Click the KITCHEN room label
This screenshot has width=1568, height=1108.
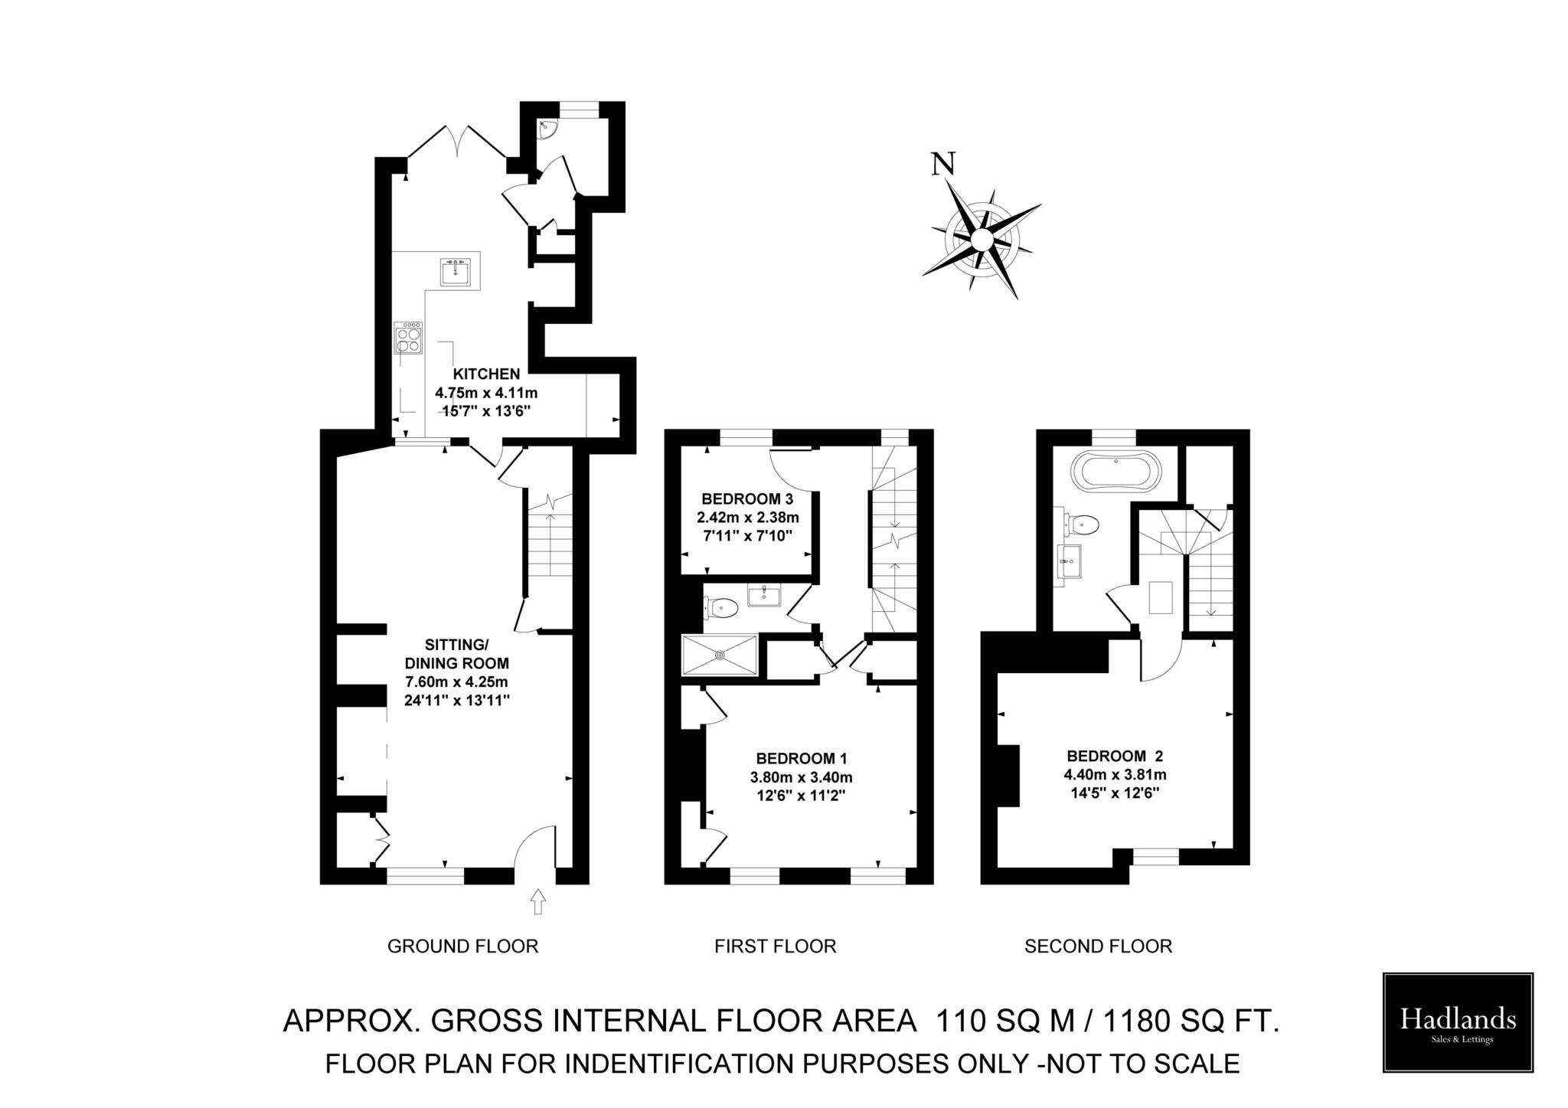coord(486,374)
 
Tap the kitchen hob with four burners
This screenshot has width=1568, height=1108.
coord(409,338)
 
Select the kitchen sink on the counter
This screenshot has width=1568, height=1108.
coord(455,273)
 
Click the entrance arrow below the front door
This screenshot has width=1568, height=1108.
coord(537,900)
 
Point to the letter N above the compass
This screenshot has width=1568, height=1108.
coord(942,164)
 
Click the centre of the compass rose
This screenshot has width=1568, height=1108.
coord(981,240)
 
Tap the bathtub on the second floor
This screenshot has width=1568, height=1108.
coord(1116,472)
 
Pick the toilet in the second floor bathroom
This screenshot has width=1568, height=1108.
coord(1083,525)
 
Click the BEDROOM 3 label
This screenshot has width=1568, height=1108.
coord(747,498)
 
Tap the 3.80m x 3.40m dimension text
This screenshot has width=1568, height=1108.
coord(801,777)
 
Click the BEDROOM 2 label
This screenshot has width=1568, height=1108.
coord(1115,756)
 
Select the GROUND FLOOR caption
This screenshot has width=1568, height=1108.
coord(462,946)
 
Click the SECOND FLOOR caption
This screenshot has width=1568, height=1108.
coord(1098,946)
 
